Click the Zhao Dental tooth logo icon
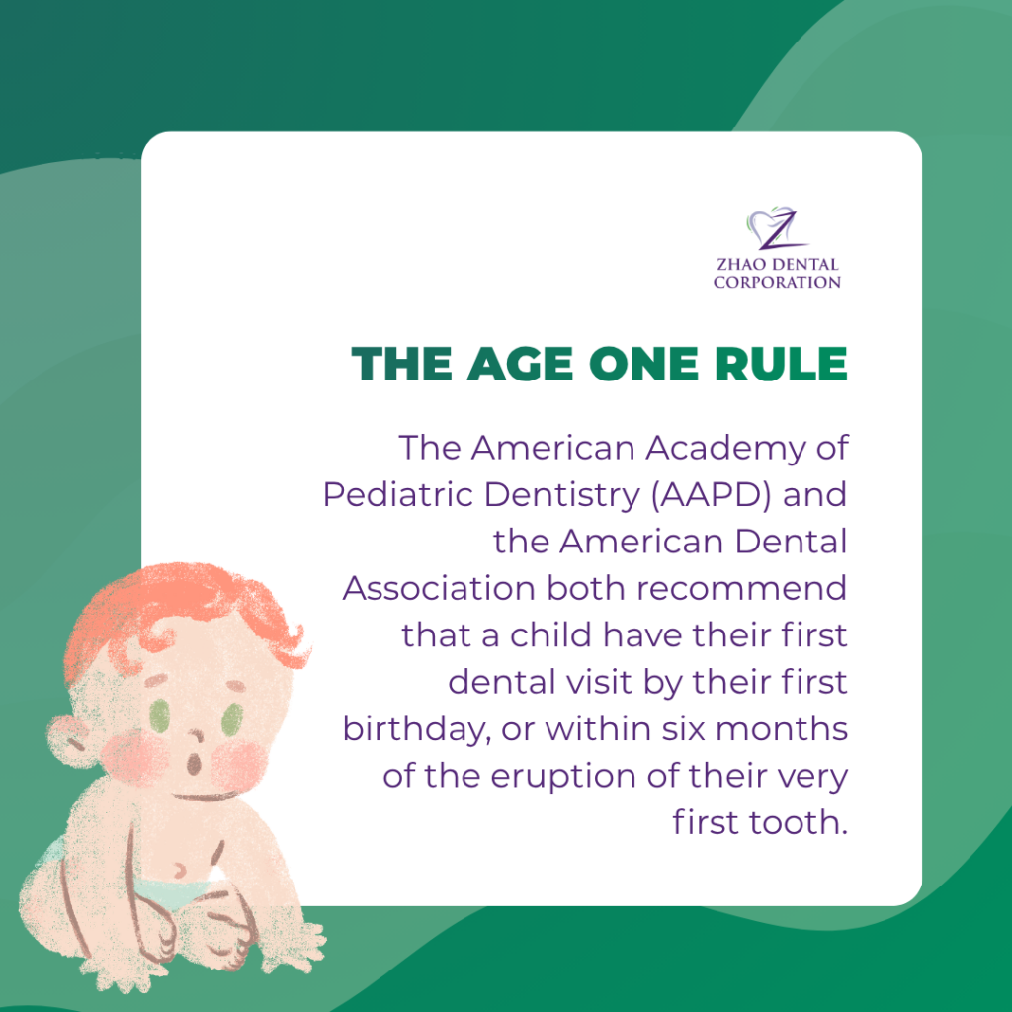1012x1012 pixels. (777, 228)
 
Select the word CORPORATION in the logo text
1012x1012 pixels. (777, 282)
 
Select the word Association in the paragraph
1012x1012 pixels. (439, 588)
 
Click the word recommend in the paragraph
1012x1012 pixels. (741, 588)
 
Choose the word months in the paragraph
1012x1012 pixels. (782, 728)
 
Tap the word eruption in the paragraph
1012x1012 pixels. (563, 777)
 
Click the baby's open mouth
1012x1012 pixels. (193, 766)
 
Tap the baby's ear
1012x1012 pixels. (70, 741)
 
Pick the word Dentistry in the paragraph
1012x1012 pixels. (562, 495)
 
